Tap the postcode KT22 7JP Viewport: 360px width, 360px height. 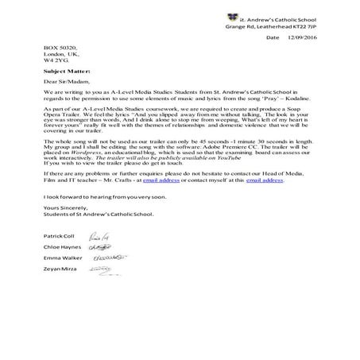tap(298, 25)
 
